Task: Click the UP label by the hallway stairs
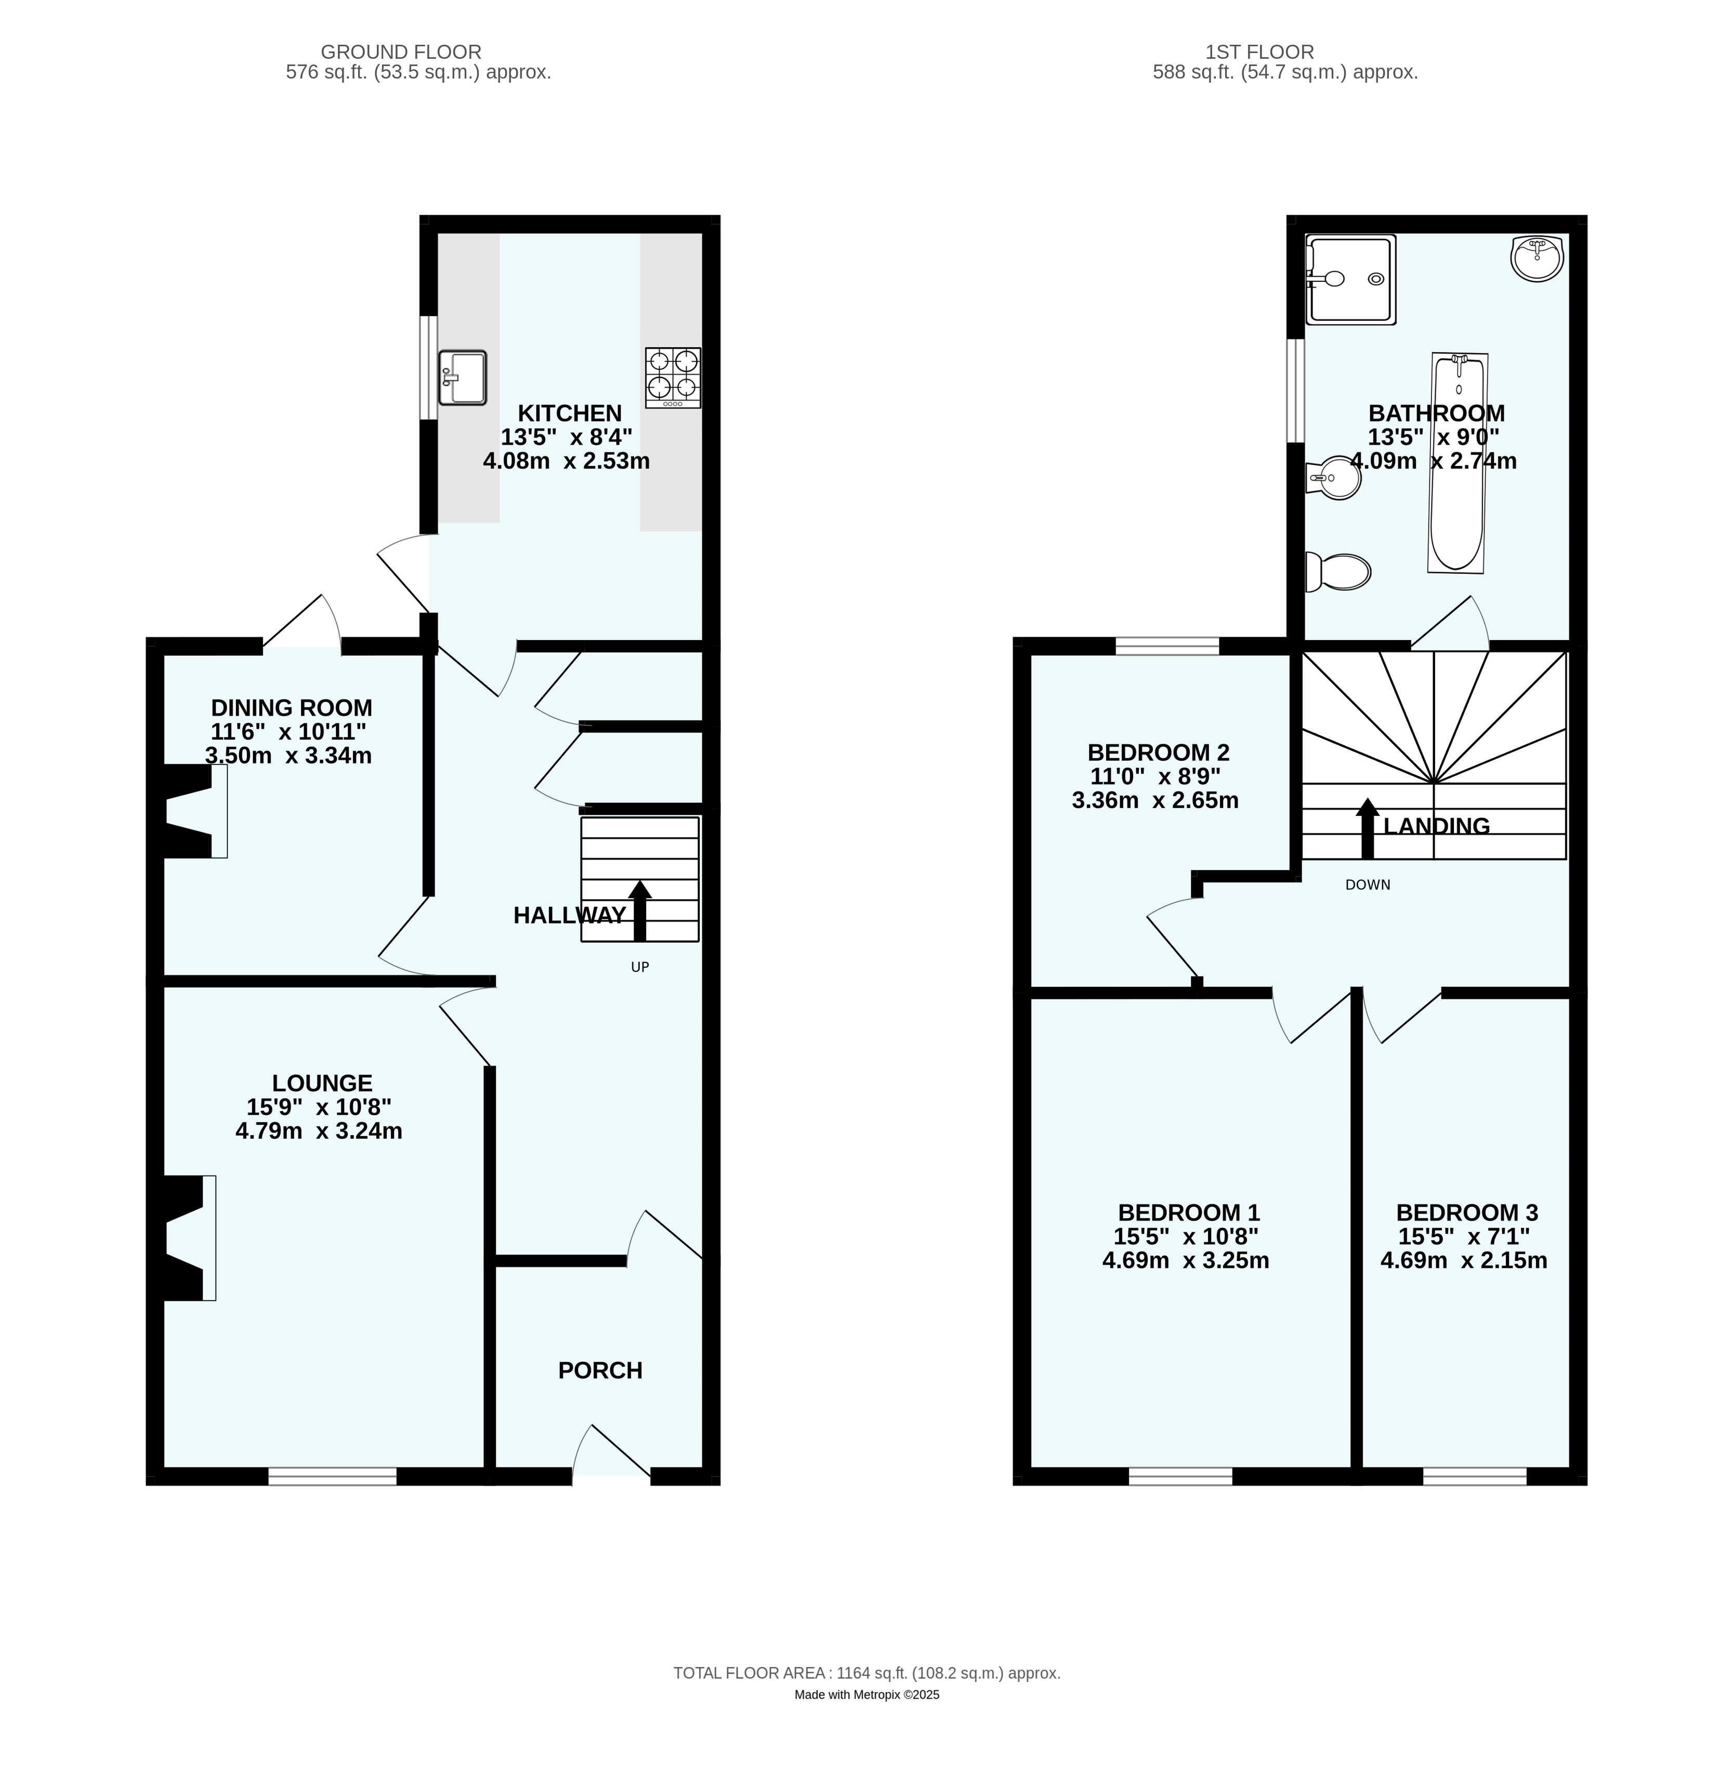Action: click(640, 967)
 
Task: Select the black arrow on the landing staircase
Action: click(1367, 828)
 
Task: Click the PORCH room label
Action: click(600, 1370)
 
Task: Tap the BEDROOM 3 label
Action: click(1467, 1212)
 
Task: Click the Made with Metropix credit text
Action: click(866, 1695)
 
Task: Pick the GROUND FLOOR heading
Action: click(401, 52)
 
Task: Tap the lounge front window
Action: click(332, 1476)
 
